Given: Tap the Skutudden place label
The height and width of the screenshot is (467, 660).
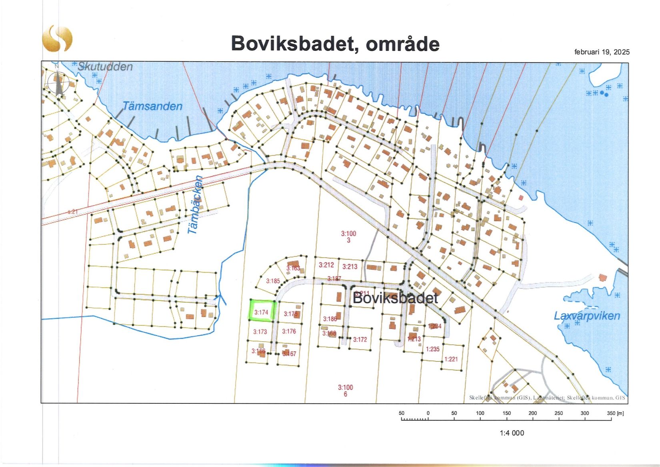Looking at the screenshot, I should [105, 66].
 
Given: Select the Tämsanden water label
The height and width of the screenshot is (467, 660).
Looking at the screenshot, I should [152, 106].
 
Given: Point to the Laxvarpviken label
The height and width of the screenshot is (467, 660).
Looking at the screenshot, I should [587, 316].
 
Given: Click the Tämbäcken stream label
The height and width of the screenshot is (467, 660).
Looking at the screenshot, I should [196, 205].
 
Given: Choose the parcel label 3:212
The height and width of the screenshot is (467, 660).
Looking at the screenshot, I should [326, 265].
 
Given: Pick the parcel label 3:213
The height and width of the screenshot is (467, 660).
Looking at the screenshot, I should [350, 267].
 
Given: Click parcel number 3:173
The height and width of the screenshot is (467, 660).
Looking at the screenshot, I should [260, 332].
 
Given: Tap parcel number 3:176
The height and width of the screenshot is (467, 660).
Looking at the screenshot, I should [289, 331].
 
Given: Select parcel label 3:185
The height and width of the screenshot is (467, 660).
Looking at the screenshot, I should [273, 281].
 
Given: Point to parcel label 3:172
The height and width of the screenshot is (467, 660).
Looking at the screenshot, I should [360, 339].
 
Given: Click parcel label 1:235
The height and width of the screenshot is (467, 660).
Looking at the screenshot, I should [433, 349].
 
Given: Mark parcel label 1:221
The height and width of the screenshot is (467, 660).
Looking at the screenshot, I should [451, 359].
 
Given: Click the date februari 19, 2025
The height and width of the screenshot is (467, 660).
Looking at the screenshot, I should [602, 52].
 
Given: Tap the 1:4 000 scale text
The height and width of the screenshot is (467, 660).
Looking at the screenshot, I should [512, 433].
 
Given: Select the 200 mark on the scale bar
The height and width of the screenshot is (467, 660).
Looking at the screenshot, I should [533, 413].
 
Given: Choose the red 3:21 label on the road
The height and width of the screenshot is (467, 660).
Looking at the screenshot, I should [72, 212].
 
